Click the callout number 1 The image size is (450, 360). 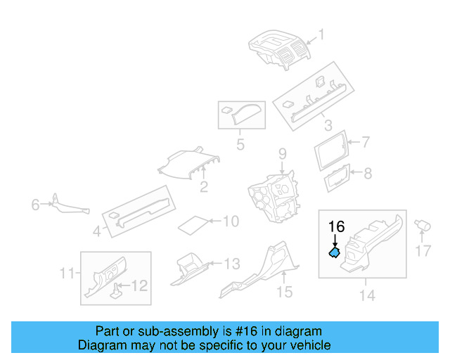[x=322, y=34]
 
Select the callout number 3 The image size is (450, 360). [x=328, y=126]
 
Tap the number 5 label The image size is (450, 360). [x=240, y=146]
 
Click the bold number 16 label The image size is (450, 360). [x=336, y=226]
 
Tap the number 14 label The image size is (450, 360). [x=367, y=296]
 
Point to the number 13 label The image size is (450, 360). [x=231, y=264]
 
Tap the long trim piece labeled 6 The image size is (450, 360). [x=69, y=207]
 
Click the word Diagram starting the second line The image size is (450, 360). [x=100, y=345]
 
